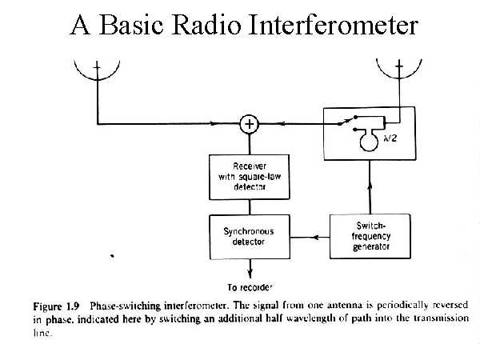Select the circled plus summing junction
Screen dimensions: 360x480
250,123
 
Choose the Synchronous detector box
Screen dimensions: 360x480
250,236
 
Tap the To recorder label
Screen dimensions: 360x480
250,287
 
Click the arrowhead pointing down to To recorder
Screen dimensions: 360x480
250,274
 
